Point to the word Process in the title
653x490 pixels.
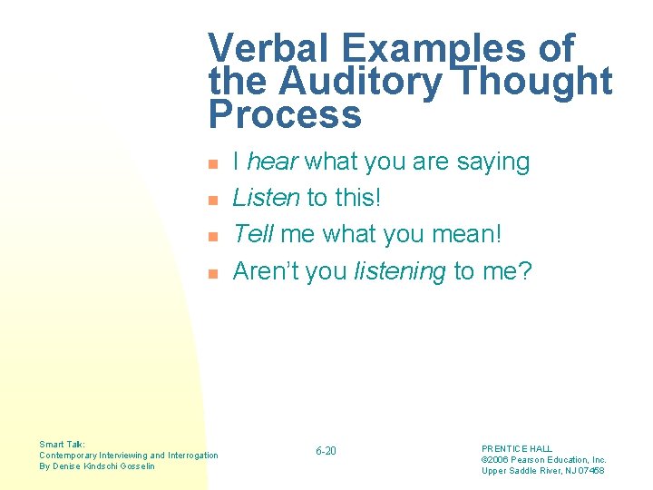coord(285,116)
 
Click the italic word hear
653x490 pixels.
coord(273,162)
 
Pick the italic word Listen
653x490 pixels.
coord(266,198)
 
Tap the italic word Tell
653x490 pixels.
coord(253,234)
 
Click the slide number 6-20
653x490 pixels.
coord(326,451)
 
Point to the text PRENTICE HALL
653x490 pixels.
coord(516,448)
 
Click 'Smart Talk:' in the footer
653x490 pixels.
coord(63,445)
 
